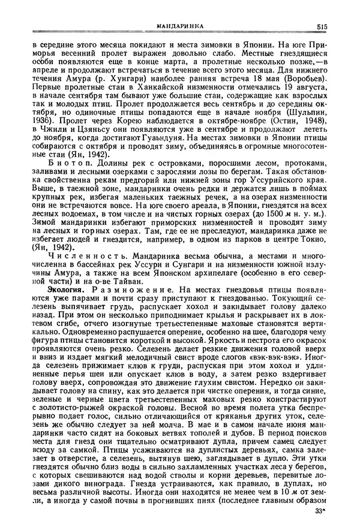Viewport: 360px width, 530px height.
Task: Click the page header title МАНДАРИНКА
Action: (178, 26)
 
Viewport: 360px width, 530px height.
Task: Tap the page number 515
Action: (319, 26)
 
